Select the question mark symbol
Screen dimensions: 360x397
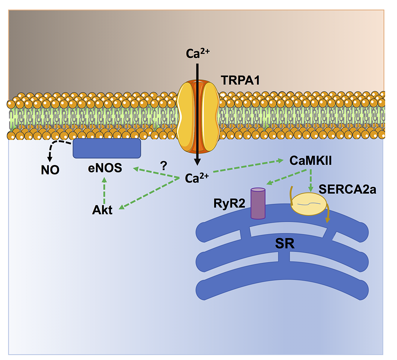click(x=163, y=165)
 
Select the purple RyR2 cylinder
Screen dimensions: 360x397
click(x=258, y=203)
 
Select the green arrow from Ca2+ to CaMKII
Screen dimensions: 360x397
click(x=246, y=166)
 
